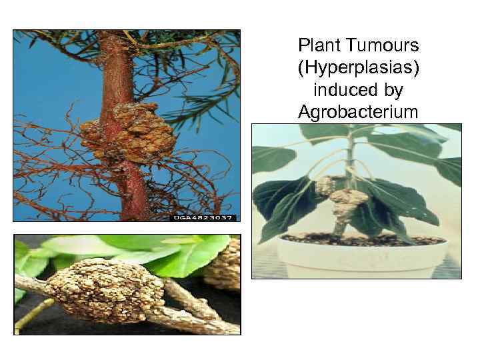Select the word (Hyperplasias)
(x=359, y=67)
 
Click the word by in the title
(x=394, y=89)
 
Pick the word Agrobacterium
(x=359, y=111)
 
